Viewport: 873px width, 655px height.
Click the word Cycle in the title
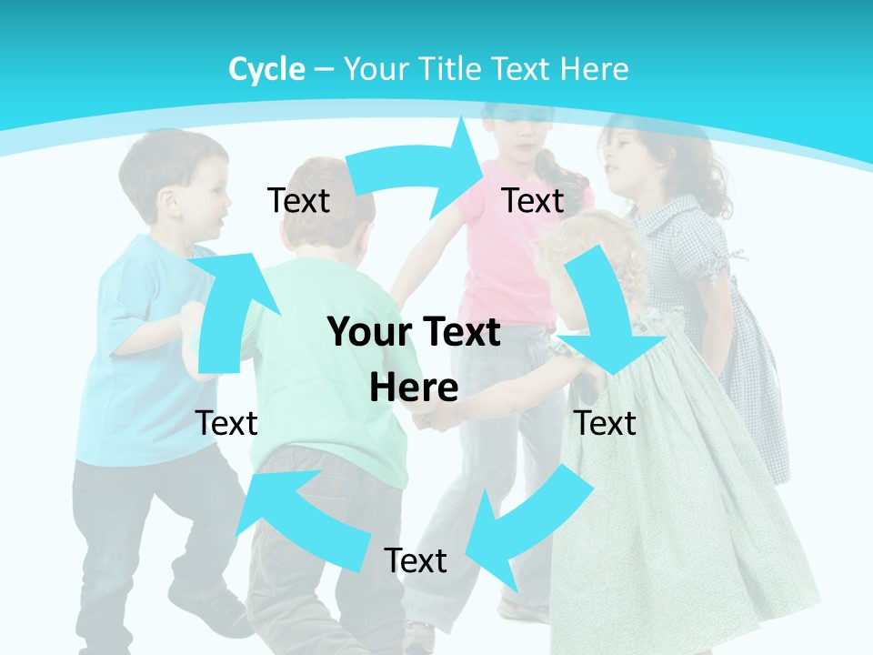point(266,69)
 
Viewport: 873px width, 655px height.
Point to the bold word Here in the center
point(414,388)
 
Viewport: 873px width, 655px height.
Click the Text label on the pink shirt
point(533,200)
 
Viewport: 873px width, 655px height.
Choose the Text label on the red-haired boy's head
point(298,200)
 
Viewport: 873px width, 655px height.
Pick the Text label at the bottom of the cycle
point(416,560)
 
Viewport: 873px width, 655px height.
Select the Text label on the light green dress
point(605,423)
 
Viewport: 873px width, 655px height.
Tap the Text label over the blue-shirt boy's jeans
point(226,423)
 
